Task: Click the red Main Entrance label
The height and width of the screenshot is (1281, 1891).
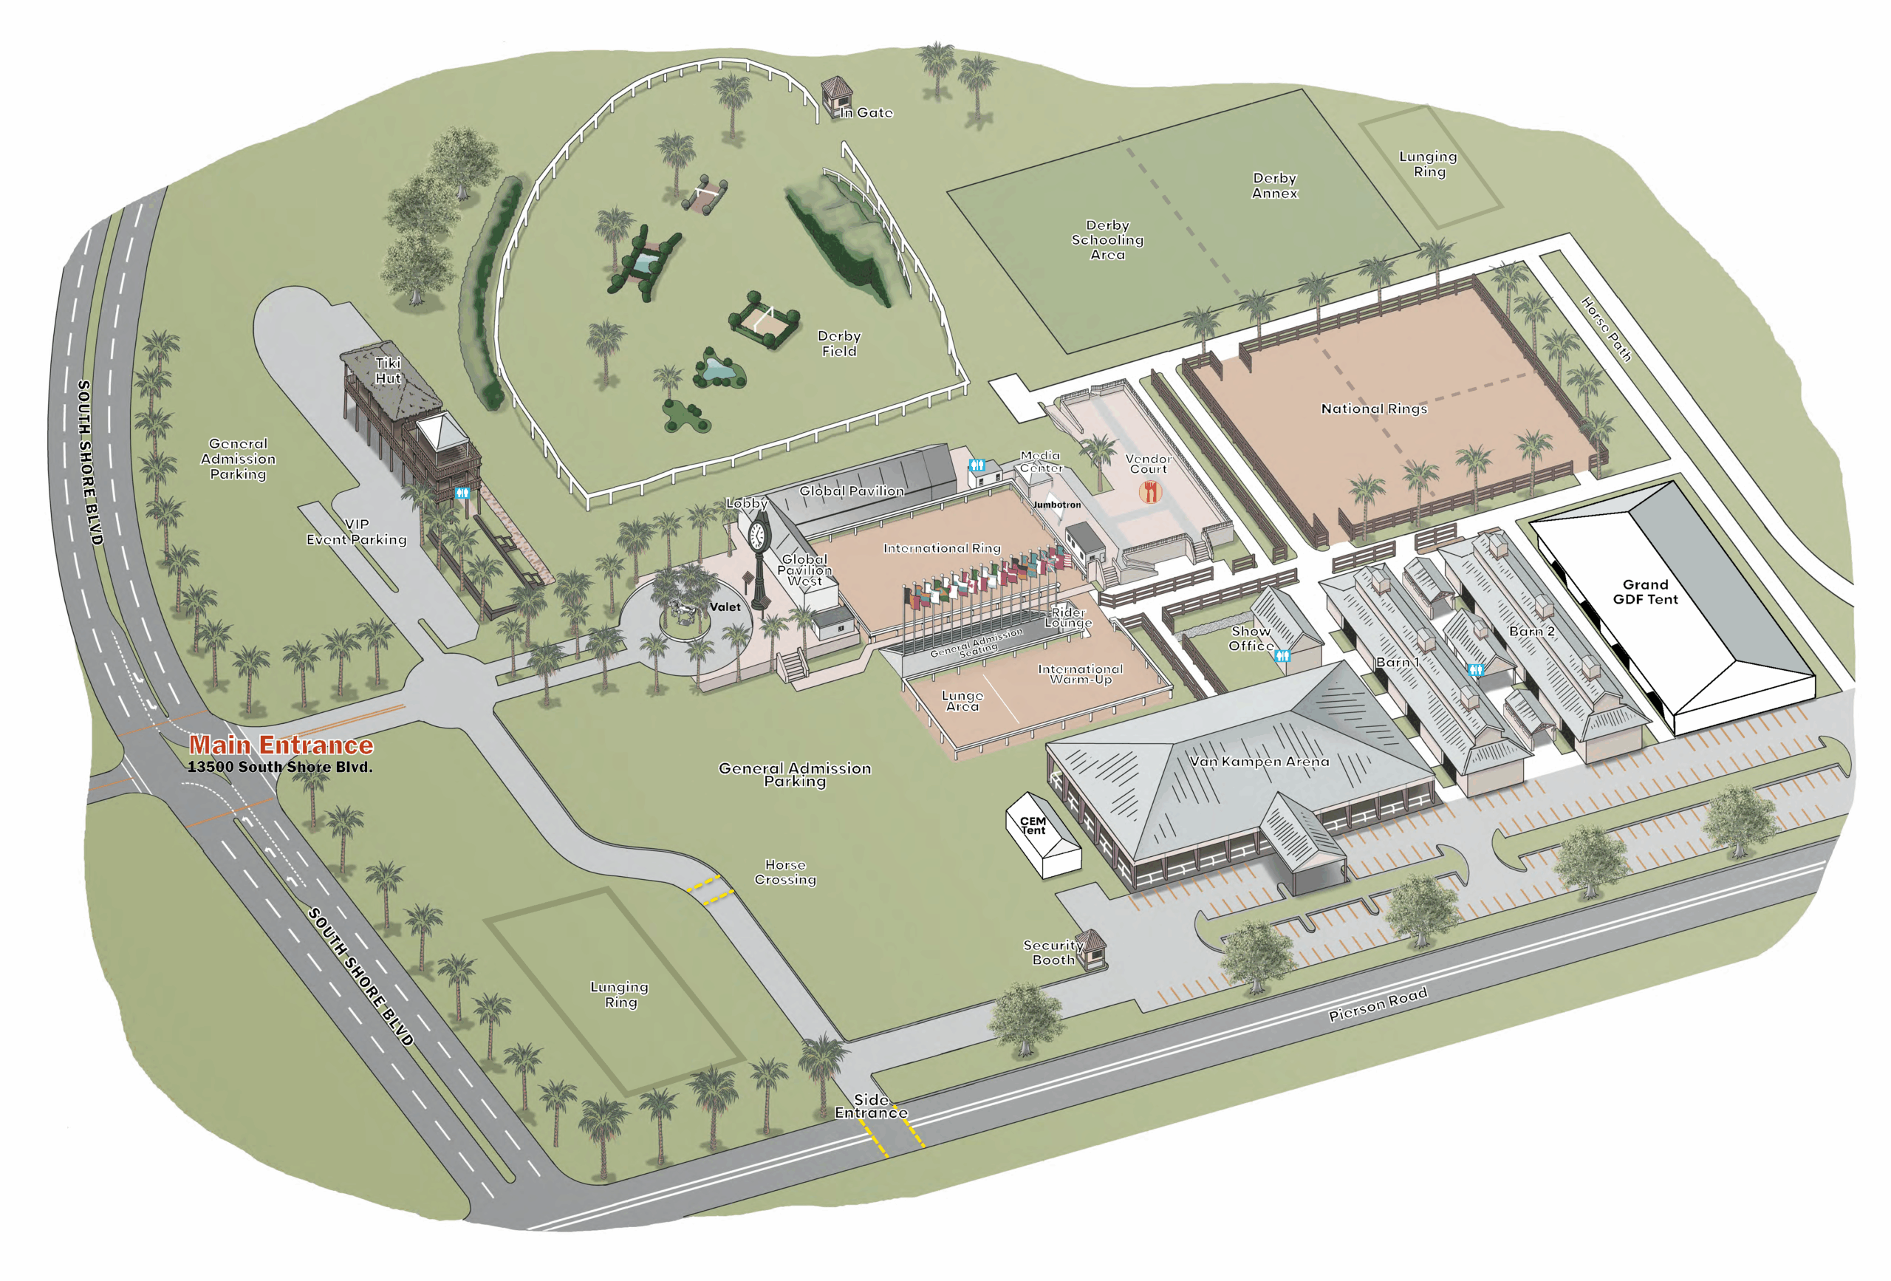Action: [281, 745]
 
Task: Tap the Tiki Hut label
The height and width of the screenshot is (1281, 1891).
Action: [388, 370]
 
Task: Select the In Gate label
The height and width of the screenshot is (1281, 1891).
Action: [866, 113]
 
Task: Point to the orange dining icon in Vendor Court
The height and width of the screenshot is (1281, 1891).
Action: [1149, 491]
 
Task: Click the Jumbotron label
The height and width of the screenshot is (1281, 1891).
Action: [1057, 505]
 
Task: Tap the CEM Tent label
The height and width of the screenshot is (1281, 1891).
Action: [1033, 825]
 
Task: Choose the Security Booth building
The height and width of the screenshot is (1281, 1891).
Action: [1090, 948]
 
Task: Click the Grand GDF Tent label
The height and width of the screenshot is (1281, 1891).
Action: [1645, 592]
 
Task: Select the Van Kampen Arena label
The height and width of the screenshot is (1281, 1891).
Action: [1259, 762]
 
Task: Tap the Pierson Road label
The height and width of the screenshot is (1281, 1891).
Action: [1378, 1004]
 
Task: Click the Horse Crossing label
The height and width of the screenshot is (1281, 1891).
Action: [785, 872]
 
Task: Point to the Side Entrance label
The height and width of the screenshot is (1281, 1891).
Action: [871, 1106]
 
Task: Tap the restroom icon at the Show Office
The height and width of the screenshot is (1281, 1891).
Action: [1282, 656]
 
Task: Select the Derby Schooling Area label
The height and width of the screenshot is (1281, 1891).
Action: [1107, 239]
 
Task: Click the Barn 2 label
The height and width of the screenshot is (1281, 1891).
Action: [1531, 632]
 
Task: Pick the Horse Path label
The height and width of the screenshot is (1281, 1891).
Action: [1605, 329]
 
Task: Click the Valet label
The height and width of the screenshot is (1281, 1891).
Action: [725, 607]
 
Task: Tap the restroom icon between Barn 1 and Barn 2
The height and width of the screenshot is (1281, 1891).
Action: [1475, 670]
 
